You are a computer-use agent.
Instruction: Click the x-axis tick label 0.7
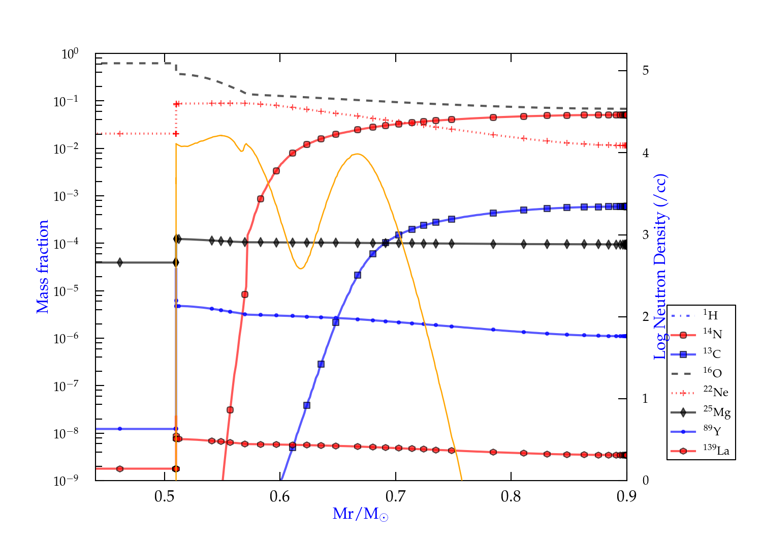395,496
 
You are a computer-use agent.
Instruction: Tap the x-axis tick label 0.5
164,496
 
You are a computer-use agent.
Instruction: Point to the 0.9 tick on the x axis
626,496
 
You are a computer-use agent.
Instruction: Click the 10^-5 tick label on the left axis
66,291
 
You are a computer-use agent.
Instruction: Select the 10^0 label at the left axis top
70,54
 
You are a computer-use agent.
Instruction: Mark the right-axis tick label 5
645,71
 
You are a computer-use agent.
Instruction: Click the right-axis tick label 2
645,317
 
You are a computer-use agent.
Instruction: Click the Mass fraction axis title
43,266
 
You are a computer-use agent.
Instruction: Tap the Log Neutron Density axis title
660,266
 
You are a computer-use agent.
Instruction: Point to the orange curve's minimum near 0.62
301,268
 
